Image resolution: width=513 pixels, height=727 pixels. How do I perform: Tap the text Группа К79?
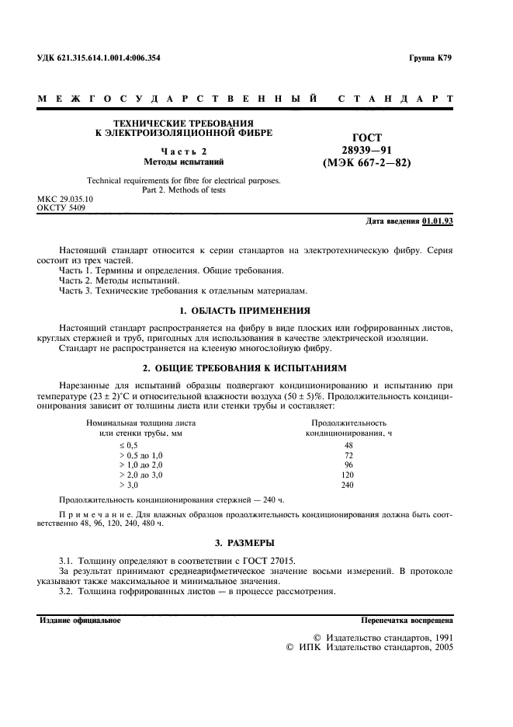tap(430, 58)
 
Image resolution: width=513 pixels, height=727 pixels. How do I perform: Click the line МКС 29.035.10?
tap(65, 199)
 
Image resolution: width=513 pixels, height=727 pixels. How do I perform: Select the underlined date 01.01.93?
tap(438, 221)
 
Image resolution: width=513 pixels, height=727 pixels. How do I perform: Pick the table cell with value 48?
tap(348, 445)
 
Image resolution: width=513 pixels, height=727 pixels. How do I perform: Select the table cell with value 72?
tap(348, 454)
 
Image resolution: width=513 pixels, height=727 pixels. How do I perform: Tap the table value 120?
tap(348, 474)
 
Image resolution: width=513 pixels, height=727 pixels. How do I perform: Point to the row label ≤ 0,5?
tap(127, 445)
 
